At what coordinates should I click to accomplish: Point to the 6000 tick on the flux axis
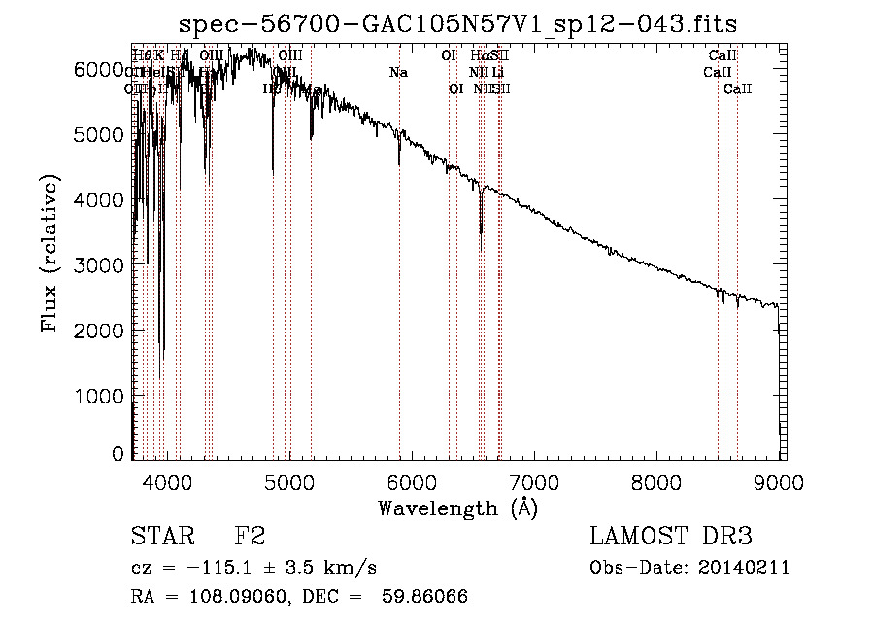[x=94, y=69]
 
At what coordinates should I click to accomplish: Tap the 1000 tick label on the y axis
[x=94, y=396]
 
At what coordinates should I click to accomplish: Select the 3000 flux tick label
[x=94, y=265]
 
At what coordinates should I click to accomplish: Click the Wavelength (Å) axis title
[x=457, y=508]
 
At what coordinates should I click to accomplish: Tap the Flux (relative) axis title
[x=49, y=253]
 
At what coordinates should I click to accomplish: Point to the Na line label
[x=398, y=72]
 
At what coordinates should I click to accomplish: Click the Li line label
[x=497, y=72]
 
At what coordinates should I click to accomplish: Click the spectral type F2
[x=250, y=537]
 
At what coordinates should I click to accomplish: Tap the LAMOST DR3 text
[x=671, y=537]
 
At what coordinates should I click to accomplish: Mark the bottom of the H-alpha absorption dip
[x=481, y=232]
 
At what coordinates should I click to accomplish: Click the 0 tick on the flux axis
[x=118, y=454]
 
